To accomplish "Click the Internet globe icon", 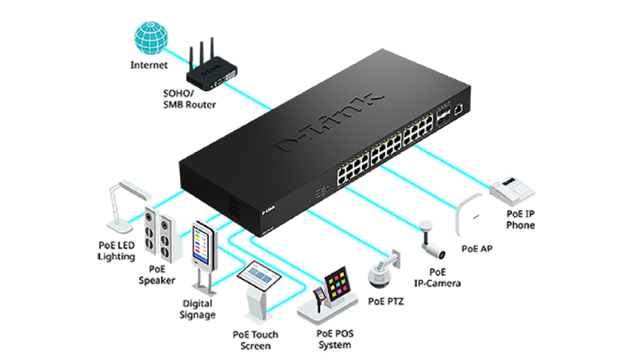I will click(149, 36).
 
